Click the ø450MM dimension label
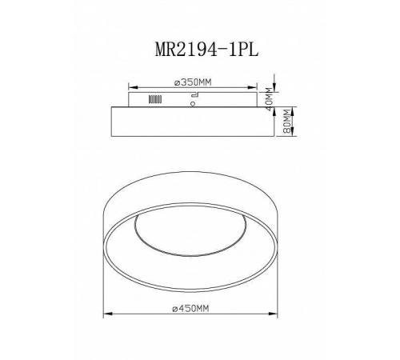pyautogui.click(x=193, y=307)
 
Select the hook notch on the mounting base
pyautogui.click(x=194, y=94)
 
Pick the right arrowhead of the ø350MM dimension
pyautogui.click(x=254, y=87)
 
